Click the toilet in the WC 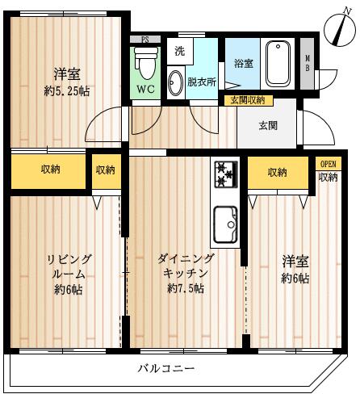(145, 63)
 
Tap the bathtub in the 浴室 (278, 64)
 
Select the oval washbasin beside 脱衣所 (175, 82)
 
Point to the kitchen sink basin (225, 224)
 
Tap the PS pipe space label (145, 40)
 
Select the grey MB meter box (307, 64)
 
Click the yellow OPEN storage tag (329, 164)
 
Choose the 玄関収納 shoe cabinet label (249, 100)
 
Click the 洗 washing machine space (180, 51)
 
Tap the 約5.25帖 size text (67, 91)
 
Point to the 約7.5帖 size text (186, 288)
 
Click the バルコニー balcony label (165, 368)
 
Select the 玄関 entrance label (268, 126)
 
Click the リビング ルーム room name (69, 266)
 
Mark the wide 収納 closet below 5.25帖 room (48, 172)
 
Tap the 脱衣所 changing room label (202, 82)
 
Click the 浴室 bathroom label (244, 64)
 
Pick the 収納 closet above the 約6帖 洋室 (278, 173)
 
